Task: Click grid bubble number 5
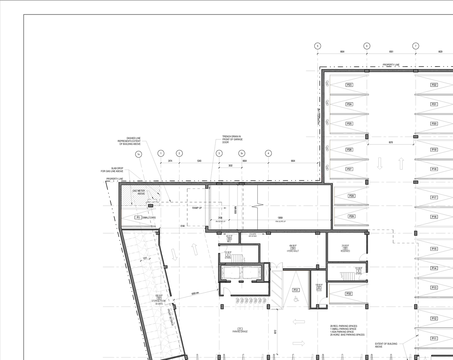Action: (317, 46)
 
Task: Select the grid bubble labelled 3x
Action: (242, 153)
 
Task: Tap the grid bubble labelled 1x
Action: (139, 154)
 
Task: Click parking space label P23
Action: (349, 85)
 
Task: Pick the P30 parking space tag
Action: (349, 294)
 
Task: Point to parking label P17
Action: (434, 198)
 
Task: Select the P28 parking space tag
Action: (351, 196)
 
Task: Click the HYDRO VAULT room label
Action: (293, 251)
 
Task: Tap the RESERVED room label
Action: (345, 251)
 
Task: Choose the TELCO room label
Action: (319, 290)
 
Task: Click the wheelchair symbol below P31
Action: (296, 299)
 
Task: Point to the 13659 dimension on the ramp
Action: (280, 218)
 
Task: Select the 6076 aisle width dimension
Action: (390, 142)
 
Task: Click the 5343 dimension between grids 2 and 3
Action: (199, 161)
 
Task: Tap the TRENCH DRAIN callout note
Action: (232, 139)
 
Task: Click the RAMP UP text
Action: (197, 208)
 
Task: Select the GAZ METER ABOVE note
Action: (139, 192)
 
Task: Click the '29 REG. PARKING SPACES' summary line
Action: (343, 326)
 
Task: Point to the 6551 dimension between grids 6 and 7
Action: (391, 52)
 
